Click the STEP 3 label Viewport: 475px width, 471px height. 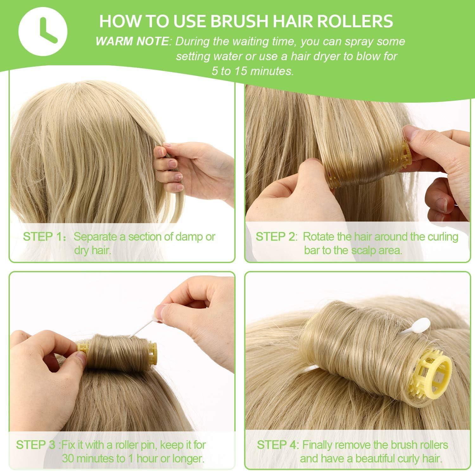pos(36,445)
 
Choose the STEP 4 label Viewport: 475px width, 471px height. pos(277,445)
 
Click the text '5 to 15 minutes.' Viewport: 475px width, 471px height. pos(253,71)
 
